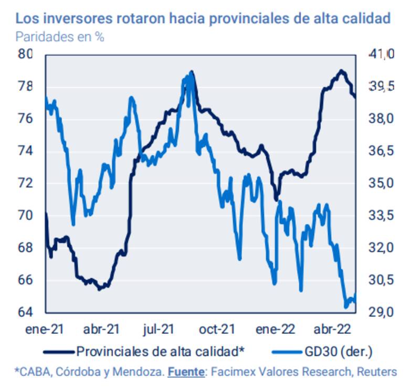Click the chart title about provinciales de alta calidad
[203, 19]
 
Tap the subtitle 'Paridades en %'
[59, 37]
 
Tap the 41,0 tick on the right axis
[381, 54]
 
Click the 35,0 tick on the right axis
[381, 183]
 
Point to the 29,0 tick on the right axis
[381, 312]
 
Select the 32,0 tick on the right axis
[381, 248]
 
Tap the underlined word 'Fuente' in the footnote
[186, 372]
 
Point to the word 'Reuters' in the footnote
[377, 372]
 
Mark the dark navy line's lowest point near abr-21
[100, 289]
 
